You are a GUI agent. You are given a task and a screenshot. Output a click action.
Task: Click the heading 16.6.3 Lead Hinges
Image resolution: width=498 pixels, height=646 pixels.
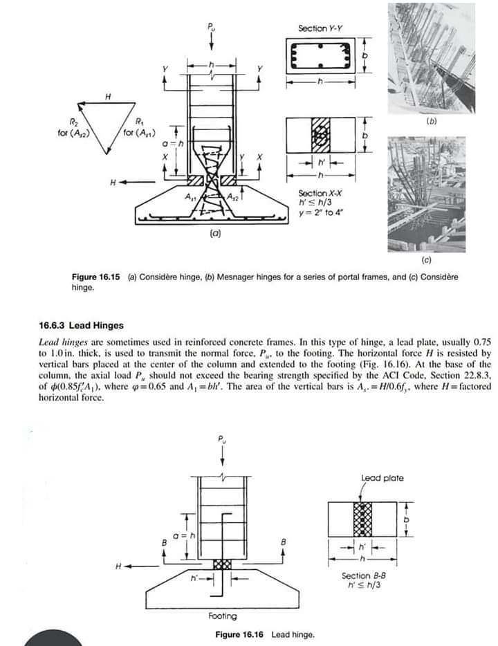82,326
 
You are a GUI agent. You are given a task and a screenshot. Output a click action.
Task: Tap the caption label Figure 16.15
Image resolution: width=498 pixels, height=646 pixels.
95,277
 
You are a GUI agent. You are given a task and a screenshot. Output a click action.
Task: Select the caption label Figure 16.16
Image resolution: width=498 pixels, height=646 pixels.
239,634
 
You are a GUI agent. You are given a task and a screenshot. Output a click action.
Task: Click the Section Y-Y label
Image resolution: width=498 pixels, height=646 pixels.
320,28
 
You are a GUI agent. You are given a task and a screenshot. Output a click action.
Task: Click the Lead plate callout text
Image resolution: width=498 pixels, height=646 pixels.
382,478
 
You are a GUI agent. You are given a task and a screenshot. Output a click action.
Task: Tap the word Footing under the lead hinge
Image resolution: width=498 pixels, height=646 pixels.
222,616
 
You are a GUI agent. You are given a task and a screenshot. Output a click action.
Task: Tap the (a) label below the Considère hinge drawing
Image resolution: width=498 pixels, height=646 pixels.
215,234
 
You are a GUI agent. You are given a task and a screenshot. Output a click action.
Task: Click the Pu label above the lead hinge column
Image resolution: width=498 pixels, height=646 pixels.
222,439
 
